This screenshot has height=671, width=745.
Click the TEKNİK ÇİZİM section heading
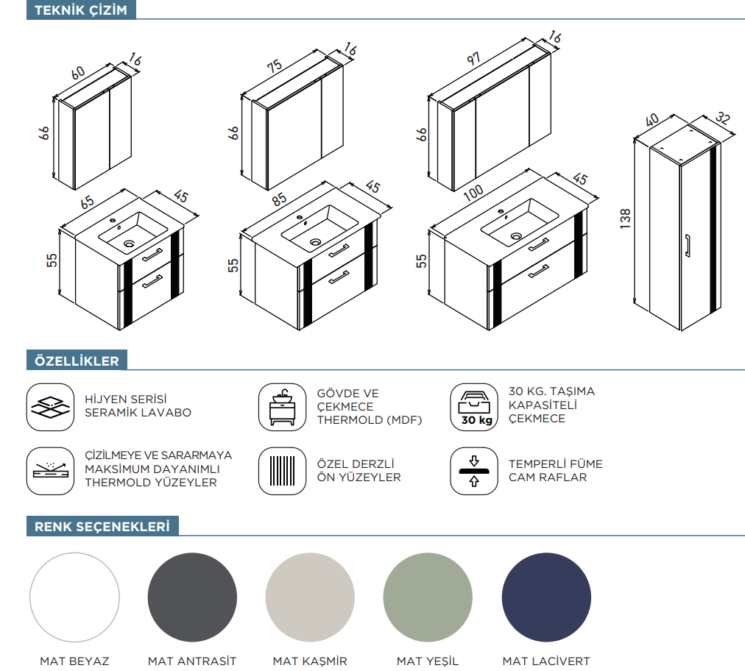pos(81,10)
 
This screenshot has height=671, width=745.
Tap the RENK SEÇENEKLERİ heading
pos(102,527)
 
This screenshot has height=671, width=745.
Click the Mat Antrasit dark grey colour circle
pos(192,597)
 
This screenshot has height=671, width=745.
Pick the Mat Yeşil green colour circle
pos(428,597)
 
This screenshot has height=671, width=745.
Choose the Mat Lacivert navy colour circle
pos(546,597)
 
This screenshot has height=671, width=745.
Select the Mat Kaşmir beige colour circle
pos(310,597)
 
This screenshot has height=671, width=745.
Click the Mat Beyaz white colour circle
pos(74,597)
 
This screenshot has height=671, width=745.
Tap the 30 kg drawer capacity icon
pos(473,407)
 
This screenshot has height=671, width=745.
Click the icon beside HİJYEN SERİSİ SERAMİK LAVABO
pos(50,407)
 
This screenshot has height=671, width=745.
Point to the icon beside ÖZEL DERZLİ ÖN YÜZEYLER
pos(282,471)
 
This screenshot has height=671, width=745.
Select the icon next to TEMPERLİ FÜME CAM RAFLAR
pos(473,471)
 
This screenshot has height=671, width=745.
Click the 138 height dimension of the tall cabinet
pos(626,219)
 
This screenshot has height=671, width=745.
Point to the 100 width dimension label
pos(473,191)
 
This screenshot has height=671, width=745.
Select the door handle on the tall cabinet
pos(687,246)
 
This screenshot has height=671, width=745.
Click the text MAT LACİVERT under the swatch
pos(546,661)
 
